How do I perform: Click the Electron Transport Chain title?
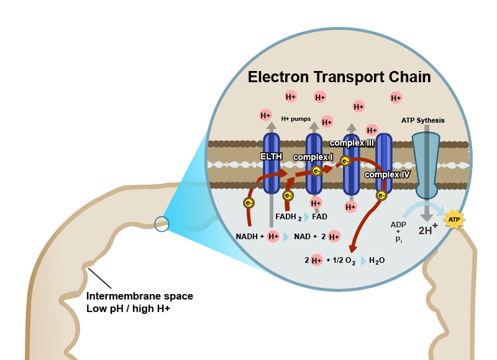pyautogui.click(x=339, y=78)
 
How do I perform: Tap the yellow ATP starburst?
pyautogui.click(x=454, y=219)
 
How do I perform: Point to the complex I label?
pyautogui.click(x=313, y=157)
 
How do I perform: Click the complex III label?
pyautogui.click(x=352, y=143)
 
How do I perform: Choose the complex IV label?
pyautogui.click(x=387, y=175)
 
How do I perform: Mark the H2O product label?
pyautogui.click(x=377, y=261)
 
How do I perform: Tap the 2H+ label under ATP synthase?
pyautogui.click(x=428, y=229)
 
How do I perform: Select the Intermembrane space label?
pyautogui.click(x=140, y=296)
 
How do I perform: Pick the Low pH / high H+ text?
pyautogui.click(x=129, y=308)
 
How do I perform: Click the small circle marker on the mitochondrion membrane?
pyautogui.click(x=162, y=223)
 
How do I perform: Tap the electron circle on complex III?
pyautogui.click(x=345, y=161)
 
